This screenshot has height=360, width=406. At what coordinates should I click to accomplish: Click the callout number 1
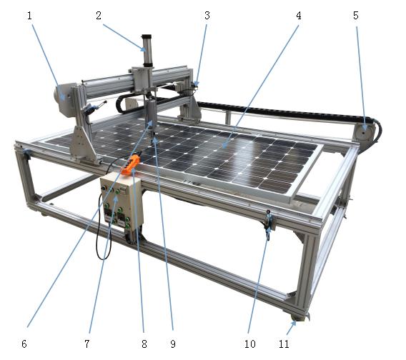(29, 16)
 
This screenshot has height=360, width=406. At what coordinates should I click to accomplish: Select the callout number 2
(99, 16)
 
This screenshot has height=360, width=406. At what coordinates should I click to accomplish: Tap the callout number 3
(207, 16)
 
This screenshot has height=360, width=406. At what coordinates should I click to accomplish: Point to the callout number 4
(299, 16)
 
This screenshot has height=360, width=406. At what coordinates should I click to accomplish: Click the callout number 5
(356, 16)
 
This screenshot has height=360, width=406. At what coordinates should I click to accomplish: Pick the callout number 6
(24, 344)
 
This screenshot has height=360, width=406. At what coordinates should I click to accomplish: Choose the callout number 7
(87, 344)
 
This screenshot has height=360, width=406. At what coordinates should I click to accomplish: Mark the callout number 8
(144, 344)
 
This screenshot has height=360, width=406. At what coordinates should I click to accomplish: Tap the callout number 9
(173, 344)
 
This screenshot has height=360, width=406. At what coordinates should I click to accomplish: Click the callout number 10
(250, 344)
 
